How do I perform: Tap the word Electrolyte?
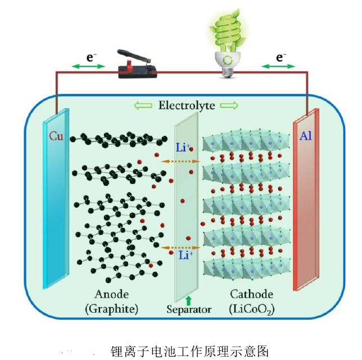click(187, 106)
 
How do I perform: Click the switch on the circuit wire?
click(138, 67)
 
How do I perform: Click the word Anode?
click(111, 294)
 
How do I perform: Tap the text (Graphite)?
click(111, 308)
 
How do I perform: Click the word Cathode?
click(251, 294)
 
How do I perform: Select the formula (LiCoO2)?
click(252, 308)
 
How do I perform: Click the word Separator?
click(189, 309)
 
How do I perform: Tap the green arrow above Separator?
click(188, 298)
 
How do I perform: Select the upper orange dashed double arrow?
click(180, 162)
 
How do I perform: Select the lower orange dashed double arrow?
click(180, 247)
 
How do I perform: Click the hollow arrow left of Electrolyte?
click(143, 106)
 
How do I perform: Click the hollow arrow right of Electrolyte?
click(229, 106)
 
